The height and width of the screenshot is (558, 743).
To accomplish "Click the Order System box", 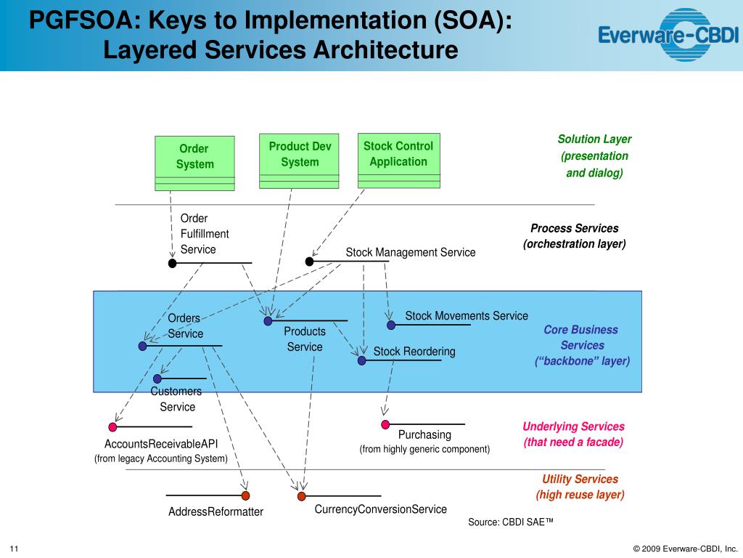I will (194, 163).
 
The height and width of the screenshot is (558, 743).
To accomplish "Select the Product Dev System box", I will (299, 161).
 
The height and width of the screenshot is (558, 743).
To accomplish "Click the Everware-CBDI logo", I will (668, 34).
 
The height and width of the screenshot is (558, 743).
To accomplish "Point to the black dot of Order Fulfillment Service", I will (172, 263).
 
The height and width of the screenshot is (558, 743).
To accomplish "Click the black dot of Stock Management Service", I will (309, 262).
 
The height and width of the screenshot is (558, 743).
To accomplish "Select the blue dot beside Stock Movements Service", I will (391, 325).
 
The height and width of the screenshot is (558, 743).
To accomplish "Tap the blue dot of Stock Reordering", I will (361, 360).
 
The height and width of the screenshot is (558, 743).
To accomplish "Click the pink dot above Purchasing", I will (385, 424).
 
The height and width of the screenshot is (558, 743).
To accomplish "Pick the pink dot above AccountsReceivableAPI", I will (112, 427).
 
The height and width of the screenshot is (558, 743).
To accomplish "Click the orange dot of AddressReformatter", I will (245, 496).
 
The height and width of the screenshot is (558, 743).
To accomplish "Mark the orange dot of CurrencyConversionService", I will (301, 496).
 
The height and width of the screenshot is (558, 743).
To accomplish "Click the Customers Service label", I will (176, 399).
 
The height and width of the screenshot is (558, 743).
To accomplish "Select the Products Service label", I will (305, 339).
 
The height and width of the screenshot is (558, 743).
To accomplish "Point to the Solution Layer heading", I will (594, 139).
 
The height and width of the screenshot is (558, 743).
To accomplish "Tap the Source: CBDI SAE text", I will (511, 522).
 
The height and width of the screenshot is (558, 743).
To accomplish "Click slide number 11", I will (14, 548).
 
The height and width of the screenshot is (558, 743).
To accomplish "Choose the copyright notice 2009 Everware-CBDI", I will (685, 548).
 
